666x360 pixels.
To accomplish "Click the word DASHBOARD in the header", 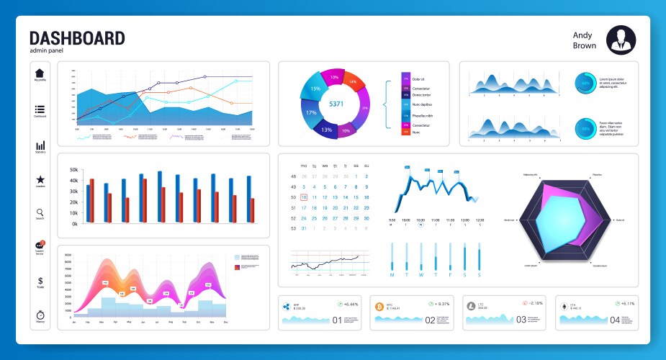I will [x=77, y=38].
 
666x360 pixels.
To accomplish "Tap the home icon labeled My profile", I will [x=40, y=73].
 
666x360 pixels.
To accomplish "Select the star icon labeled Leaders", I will [x=40, y=179].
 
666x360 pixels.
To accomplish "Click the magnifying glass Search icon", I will [x=40, y=213].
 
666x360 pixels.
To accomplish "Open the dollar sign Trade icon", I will [x=40, y=281].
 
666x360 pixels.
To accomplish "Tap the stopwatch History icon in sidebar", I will [x=40, y=315].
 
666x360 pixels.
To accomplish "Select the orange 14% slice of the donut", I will [x=352, y=81].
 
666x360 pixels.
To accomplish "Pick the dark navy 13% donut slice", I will [x=326, y=130].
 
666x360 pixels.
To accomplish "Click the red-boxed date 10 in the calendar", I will [x=304, y=197].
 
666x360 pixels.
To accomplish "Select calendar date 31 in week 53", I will [x=304, y=228].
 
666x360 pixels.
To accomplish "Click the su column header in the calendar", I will [x=366, y=166].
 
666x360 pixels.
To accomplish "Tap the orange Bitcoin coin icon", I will [x=379, y=306].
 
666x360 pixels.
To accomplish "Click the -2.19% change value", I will [x=534, y=303].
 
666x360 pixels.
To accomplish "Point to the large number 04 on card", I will [x=615, y=320].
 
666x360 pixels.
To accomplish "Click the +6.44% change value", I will [x=351, y=303].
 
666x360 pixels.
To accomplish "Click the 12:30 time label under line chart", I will [x=480, y=220].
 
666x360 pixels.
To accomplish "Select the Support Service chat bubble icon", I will [x=40, y=246].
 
